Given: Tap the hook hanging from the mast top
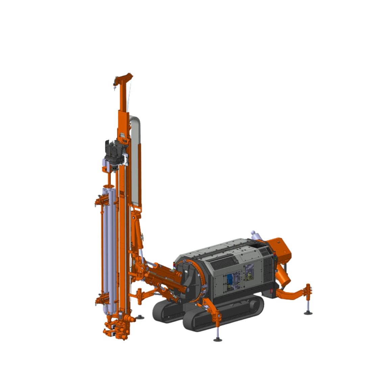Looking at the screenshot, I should tap(115, 89).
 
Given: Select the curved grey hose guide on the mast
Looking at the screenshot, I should tap(135, 159).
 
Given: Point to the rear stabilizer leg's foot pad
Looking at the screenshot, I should tap(308, 313).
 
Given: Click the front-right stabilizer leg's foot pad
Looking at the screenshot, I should tap(218, 339).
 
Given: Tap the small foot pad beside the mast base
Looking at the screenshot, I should tap(140, 317).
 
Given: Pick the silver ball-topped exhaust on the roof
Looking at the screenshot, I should tap(253, 234).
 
